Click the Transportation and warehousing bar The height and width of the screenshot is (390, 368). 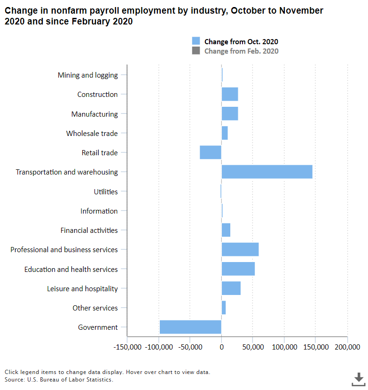click(267, 172)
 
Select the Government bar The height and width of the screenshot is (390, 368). click(190, 327)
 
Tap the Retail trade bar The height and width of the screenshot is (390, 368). click(211, 152)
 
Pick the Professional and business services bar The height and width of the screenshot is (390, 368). click(240, 250)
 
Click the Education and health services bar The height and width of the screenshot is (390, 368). click(238, 269)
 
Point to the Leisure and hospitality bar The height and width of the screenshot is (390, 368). click(231, 288)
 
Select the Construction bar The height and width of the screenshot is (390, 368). click(230, 94)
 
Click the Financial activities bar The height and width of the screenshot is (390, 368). click(226, 231)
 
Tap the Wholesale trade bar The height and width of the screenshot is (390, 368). click(225, 133)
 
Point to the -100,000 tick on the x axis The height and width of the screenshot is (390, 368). click(159, 347)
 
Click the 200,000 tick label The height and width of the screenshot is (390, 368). click(347, 347)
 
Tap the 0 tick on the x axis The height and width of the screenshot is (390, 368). click(221, 347)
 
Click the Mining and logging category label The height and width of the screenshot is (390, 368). click(87, 75)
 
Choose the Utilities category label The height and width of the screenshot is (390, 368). click(106, 191)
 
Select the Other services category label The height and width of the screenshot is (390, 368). click(95, 308)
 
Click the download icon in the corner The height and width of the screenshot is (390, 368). click(359, 378)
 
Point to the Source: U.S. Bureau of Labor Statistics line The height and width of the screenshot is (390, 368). click(59, 379)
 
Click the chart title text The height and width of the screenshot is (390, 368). click(164, 16)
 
